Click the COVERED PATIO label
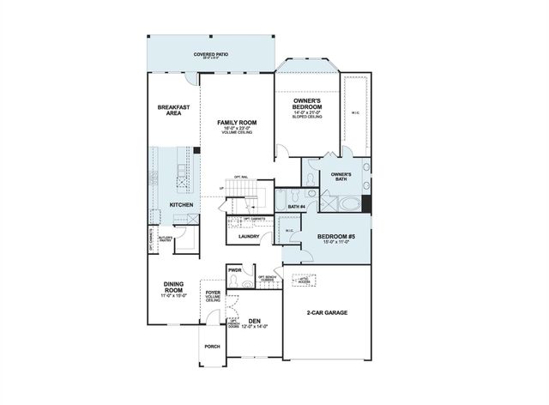[210, 54]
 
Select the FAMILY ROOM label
[237, 124]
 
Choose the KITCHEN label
[181, 204]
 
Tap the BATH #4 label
[296, 206]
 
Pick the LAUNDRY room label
[249, 236]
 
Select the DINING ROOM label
[176, 288]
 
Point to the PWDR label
[234, 269]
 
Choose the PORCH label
[212, 346]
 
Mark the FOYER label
[213, 294]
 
